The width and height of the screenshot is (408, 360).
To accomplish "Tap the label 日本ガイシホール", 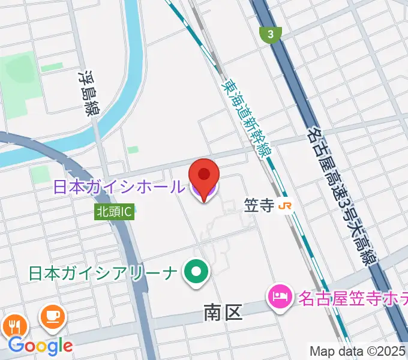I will tap(118, 187).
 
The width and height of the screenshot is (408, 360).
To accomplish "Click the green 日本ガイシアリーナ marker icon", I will tap(196, 273).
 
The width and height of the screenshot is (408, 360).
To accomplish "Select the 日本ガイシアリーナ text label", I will tap(103, 273).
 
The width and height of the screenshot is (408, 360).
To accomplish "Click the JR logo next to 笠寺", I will tap(286, 206).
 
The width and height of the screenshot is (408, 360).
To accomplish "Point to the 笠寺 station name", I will tap(259, 206).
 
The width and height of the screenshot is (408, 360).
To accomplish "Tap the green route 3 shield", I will tap(271, 34).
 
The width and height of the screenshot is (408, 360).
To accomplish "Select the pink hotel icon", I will tap(279, 296).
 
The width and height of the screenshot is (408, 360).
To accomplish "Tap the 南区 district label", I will tap(223, 311).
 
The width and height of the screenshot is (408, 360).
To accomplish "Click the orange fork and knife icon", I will tap(15, 326).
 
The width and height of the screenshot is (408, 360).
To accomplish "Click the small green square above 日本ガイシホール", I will tap(133, 149).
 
